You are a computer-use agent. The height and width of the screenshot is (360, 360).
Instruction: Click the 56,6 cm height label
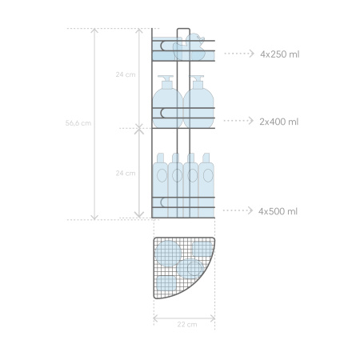tap(78, 123)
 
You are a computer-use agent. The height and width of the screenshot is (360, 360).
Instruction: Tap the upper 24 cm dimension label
tap(126, 74)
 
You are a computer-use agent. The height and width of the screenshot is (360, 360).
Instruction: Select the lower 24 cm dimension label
tap(126, 174)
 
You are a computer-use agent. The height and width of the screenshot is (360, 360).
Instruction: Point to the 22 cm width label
tap(187, 325)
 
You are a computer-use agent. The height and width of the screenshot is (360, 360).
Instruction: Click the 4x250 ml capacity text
tap(280, 54)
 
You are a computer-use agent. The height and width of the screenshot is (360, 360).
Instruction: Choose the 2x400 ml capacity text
tap(279, 122)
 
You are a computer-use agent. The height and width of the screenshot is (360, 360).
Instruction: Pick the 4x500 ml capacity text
tap(278, 211)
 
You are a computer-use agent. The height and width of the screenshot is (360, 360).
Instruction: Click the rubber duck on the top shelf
tap(190, 47)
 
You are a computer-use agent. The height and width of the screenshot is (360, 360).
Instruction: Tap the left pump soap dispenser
tap(167, 102)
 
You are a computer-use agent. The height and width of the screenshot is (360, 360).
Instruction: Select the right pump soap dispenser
tap(198, 102)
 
